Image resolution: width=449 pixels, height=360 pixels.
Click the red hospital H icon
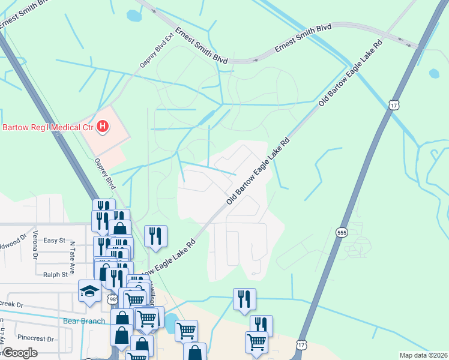[x=103, y=127]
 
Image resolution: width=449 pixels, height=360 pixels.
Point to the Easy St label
[x=54, y=240]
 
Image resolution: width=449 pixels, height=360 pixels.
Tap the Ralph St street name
[x=55, y=275]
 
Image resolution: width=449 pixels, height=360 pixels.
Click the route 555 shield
[x=342, y=232]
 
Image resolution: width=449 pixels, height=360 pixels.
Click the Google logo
[x=19, y=353]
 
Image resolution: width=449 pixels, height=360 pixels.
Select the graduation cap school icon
[x=89, y=292]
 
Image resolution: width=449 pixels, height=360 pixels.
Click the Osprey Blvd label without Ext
[x=104, y=173]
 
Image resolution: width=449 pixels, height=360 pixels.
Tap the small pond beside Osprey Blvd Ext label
[x=133, y=15]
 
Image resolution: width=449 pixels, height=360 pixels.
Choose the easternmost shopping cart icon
[x=256, y=342]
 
